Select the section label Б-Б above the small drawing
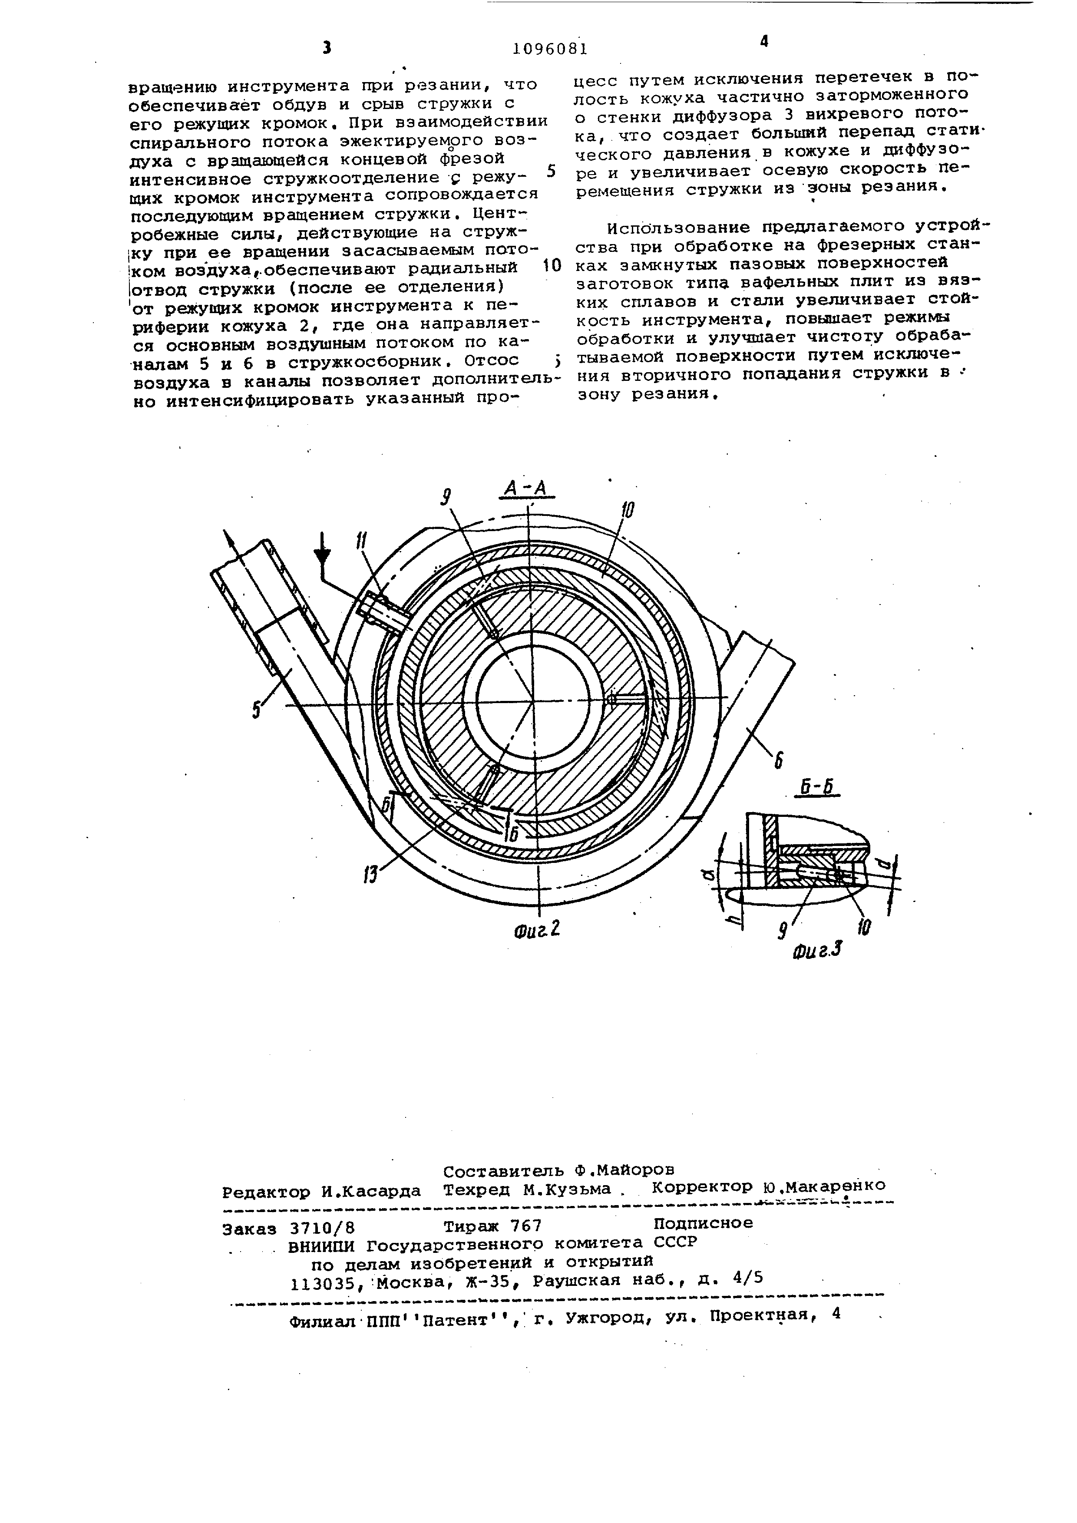(816, 789)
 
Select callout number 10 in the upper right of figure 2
(628, 510)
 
